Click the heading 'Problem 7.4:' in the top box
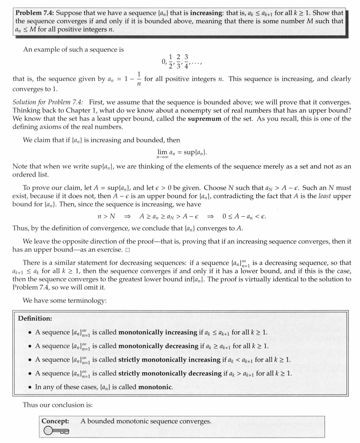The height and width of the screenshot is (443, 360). [35, 12]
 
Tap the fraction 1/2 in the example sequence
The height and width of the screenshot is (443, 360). [171, 62]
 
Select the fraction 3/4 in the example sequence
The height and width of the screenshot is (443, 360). [186, 62]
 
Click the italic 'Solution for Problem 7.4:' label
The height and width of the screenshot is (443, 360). [48, 102]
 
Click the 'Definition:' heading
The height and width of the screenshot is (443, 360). [35, 319]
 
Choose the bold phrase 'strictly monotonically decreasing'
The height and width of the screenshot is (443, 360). [170, 374]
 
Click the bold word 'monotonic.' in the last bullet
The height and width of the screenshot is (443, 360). [156, 387]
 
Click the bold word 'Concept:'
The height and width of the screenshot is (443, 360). [55, 421]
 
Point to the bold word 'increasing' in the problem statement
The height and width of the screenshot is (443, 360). [205, 12]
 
